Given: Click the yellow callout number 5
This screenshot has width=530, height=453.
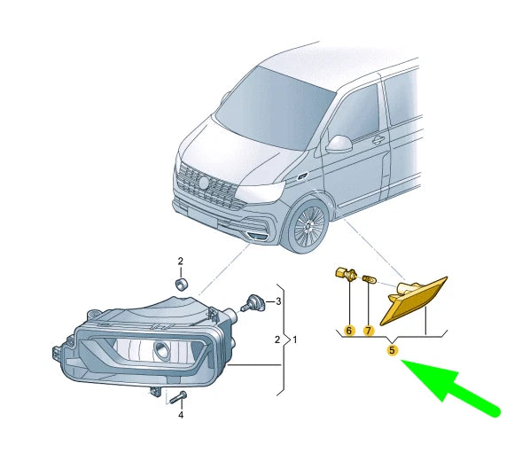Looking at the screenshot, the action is click(392, 350).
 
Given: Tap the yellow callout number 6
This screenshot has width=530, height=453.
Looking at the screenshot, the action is click(349, 331).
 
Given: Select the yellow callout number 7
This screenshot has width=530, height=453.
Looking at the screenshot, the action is click(369, 331).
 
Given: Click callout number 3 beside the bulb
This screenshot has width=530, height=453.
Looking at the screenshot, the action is click(278, 301).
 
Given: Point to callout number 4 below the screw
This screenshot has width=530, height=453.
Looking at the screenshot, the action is click(181, 415).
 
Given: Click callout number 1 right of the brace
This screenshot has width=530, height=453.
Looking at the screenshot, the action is click(295, 340).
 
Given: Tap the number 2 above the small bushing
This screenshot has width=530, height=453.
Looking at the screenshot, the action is click(181, 261).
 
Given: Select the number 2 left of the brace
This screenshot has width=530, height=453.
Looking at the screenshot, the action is click(277, 340).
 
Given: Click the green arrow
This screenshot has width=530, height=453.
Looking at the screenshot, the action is click(449, 387).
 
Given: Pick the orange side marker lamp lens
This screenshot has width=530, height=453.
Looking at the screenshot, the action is click(416, 302).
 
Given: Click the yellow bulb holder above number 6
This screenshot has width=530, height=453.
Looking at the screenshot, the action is click(345, 274).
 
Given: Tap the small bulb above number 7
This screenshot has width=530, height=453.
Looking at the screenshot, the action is click(369, 279).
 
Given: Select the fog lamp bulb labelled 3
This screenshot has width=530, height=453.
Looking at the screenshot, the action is click(253, 302).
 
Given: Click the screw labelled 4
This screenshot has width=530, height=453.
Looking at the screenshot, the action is click(177, 397).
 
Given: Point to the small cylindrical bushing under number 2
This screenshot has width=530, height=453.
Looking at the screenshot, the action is click(182, 284).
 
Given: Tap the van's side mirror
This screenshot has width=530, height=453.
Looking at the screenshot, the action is click(339, 144).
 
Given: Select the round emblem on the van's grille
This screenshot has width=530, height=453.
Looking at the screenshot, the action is click(204, 183).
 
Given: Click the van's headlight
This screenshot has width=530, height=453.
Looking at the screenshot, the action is click(261, 192).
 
